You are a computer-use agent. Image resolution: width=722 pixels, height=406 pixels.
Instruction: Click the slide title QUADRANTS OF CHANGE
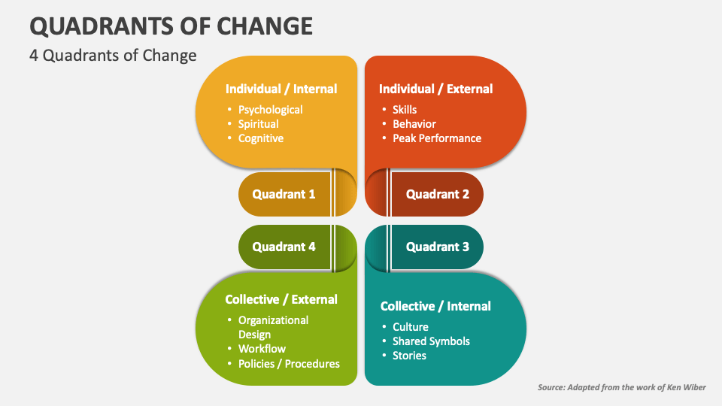(x=171, y=26)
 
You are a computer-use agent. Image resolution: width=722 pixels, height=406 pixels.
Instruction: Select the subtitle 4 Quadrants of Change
(x=113, y=56)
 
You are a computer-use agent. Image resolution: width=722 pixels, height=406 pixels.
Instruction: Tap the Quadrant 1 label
(x=284, y=194)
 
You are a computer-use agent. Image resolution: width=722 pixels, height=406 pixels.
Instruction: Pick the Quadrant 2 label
(x=438, y=194)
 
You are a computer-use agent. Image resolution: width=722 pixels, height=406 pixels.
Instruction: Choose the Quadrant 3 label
(x=438, y=247)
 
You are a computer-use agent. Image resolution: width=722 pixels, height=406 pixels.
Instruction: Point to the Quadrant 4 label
(x=284, y=247)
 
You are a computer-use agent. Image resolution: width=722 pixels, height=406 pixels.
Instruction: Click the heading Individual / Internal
(x=281, y=89)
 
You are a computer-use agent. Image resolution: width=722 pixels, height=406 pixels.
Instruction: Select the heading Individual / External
(x=435, y=89)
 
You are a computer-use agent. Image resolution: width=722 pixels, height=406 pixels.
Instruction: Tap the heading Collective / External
(x=281, y=299)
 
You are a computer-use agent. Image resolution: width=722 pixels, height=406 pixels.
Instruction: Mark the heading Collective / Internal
(x=435, y=306)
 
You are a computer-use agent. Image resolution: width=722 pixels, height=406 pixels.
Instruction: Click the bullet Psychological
(x=270, y=110)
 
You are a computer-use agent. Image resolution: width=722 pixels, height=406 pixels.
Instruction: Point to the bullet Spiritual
(x=258, y=124)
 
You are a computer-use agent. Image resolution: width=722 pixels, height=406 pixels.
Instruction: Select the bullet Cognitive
(x=261, y=138)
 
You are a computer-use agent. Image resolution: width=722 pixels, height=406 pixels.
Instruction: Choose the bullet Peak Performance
(x=437, y=138)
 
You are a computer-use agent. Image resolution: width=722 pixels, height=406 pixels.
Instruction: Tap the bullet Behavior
(x=414, y=124)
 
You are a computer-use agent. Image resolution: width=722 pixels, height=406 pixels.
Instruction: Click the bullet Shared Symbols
(x=431, y=341)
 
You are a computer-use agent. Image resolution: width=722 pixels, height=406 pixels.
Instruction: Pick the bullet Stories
(x=409, y=356)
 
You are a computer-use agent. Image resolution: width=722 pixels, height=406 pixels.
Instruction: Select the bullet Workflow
(x=262, y=349)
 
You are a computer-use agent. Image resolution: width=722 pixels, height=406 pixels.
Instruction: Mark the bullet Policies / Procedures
(x=289, y=364)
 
